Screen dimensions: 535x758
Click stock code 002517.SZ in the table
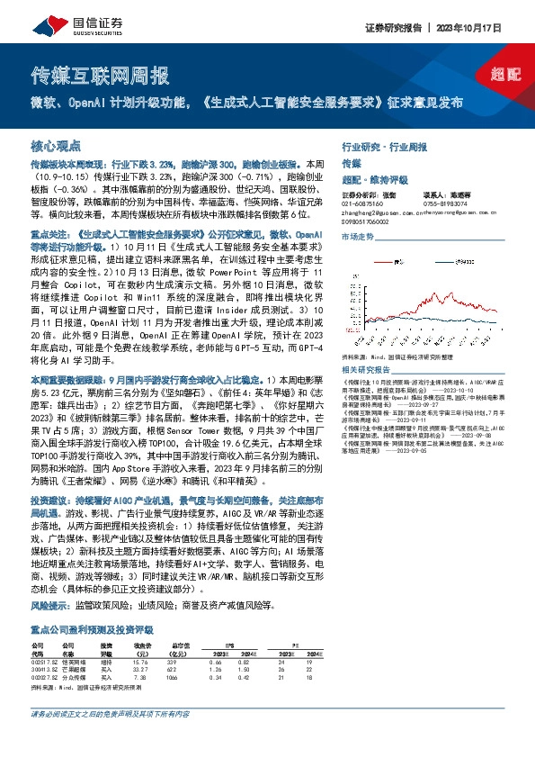click(x=43, y=662)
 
